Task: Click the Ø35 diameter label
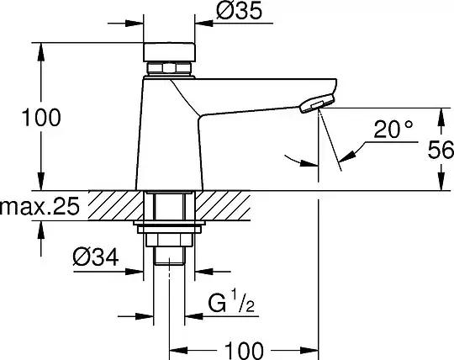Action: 239,11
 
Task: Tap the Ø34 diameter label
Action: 96,257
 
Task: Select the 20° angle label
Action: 393,130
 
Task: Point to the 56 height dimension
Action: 441,150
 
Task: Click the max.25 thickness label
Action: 40,206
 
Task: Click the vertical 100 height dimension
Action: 41,117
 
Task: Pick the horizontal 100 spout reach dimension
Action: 244,351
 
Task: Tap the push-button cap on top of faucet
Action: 169,52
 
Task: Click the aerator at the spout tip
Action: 317,103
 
